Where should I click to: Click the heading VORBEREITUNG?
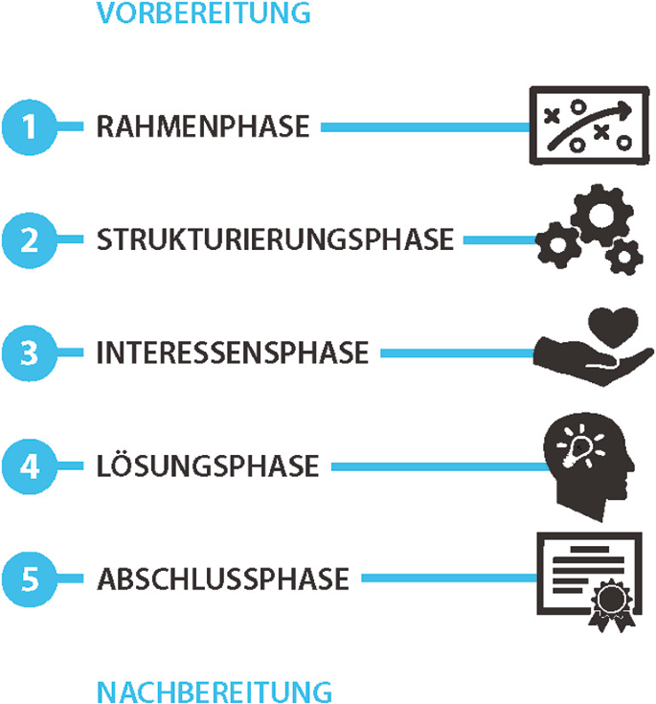point(203,13)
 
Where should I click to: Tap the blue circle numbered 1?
point(30,126)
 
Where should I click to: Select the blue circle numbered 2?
point(30,239)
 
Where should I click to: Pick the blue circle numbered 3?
point(30,352)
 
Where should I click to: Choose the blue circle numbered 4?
point(30,466)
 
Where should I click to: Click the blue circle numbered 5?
point(30,579)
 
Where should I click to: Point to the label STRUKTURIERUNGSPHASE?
point(275,240)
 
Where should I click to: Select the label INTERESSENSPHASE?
point(233,353)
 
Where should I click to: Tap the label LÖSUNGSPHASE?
point(208,467)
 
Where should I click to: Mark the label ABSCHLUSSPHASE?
point(222,580)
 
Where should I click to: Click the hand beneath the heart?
point(575,364)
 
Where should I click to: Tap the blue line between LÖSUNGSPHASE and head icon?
point(436,467)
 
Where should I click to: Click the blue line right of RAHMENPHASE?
point(425,127)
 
